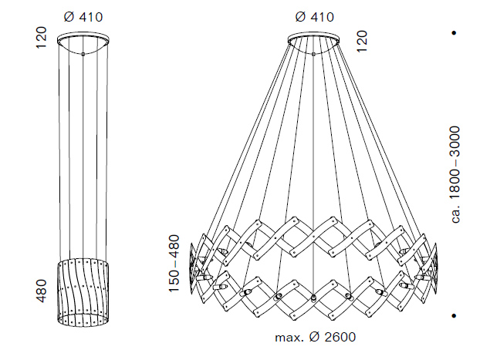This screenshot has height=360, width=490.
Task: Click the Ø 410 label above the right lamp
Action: click(x=313, y=15)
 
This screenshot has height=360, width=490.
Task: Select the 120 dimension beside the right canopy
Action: click(x=363, y=41)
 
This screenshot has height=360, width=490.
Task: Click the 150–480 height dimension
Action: click(x=174, y=264)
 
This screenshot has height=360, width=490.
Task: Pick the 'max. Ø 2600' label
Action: click(x=315, y=338)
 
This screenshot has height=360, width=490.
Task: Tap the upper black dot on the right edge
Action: click(x=455, y=33)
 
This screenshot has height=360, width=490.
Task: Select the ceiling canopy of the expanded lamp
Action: click(x=313, y=39)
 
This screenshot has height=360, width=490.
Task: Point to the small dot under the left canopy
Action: click(x=83, y=54)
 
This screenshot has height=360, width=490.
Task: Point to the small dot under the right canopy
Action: click(x=313, y=54)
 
